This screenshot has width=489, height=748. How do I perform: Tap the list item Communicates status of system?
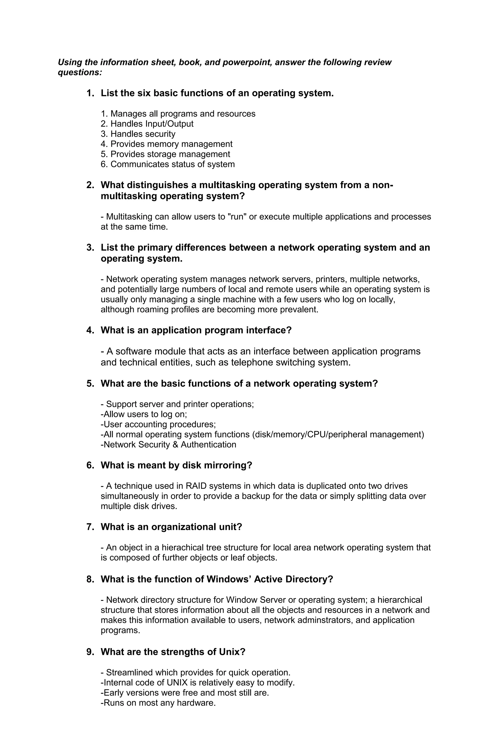(x=168, y=164)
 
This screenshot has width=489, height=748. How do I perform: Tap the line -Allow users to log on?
(x=144, y=414)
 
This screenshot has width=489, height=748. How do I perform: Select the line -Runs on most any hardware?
(x=158, y=703)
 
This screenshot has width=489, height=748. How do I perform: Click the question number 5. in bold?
(x=90, y=384)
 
